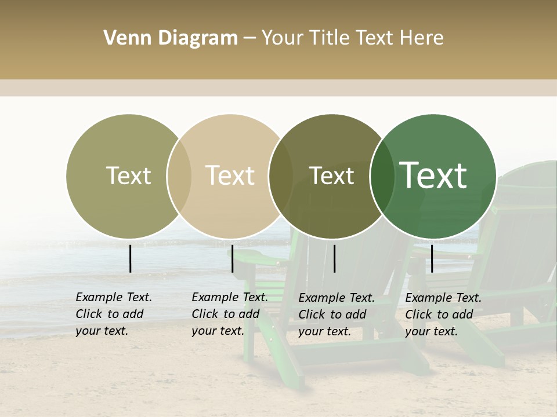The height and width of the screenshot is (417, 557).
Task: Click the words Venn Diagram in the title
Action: (x=171, y=38)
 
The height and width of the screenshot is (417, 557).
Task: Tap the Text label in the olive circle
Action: (x=128, y=175)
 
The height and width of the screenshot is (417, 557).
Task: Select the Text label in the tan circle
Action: (x=230, y=175)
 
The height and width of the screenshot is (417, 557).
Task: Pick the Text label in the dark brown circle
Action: (x=331, y=175)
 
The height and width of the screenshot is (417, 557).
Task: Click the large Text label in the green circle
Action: (x=433, y=175)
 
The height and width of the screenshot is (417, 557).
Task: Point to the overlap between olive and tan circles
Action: (x=179, y=176)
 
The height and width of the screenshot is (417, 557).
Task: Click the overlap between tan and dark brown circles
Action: (x=281, y=176)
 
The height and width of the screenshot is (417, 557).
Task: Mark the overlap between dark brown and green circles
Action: (x=382, y=176)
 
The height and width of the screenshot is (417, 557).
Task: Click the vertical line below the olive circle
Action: (x=131, y=258)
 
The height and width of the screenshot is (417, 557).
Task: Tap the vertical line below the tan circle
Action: (x=232, y=258)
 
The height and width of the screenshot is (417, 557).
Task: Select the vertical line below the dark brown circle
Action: (x=335, y=258)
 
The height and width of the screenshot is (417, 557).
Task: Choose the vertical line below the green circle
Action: (x=432, y=258)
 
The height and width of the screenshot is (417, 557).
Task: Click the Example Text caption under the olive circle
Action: (x=114, y=314)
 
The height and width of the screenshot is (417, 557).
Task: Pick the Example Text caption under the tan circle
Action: (x=230, y=314)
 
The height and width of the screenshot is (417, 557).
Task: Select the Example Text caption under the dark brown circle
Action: (x=337, y=314)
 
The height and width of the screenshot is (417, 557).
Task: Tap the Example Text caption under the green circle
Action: (x=443, y=314)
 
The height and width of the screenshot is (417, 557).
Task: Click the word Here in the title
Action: (x=422, y=38)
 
